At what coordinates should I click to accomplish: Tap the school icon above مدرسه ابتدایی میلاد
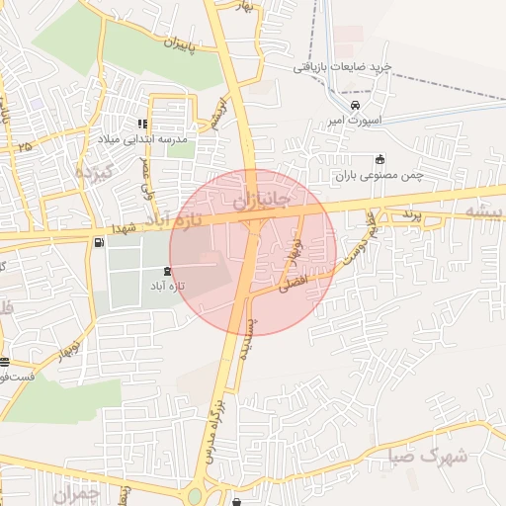tap(142, 125)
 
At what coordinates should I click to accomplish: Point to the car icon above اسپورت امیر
tap(355, 106)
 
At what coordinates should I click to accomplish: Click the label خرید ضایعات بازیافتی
tap(343, 67)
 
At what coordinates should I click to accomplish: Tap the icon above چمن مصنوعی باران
tap(379, 160)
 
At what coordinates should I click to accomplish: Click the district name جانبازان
tap(262, 202)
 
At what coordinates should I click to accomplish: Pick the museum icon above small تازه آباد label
tap(165, 270)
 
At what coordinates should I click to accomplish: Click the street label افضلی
tap(294, 284)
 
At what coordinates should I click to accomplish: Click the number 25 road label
tap(24, 146)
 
